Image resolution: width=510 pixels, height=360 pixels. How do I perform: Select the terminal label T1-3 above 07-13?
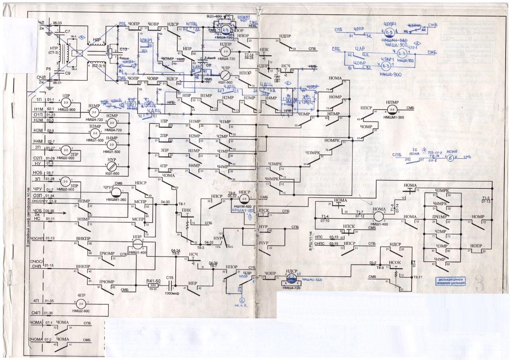[485, 198]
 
